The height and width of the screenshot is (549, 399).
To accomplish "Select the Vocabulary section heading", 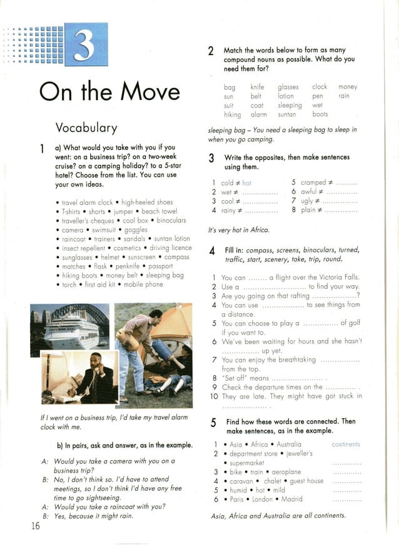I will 86,128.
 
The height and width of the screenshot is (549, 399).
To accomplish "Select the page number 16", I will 35,525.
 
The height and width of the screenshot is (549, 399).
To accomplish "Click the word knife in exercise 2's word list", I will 257,87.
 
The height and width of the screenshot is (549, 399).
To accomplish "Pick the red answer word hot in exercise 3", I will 246,183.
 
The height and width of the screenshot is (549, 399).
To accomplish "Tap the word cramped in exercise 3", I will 313,183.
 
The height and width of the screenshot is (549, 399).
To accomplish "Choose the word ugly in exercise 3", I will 308,201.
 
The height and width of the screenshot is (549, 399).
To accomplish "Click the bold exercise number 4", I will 213,251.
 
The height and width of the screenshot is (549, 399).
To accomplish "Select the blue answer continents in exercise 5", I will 346,445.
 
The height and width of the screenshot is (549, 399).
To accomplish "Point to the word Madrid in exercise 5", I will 291,499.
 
